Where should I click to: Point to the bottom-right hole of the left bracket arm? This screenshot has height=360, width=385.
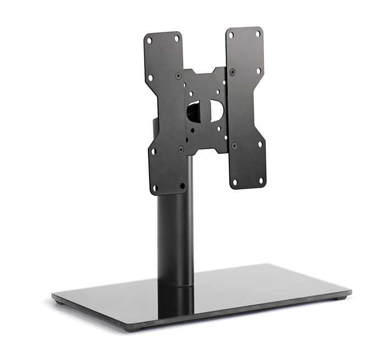click(x=183, y=186)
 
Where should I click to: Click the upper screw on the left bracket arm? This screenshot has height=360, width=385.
click(x=178, y=76)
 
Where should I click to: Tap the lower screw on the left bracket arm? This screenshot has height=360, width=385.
click(x=181, y=148)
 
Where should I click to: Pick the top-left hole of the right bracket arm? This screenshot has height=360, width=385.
click(x=232, y=35)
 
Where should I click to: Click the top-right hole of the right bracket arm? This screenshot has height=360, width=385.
click(x=257, y=33)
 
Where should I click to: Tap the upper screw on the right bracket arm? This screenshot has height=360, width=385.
click(x=232, y=71)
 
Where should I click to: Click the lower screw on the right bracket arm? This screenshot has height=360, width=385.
click(x=234, y=145)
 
